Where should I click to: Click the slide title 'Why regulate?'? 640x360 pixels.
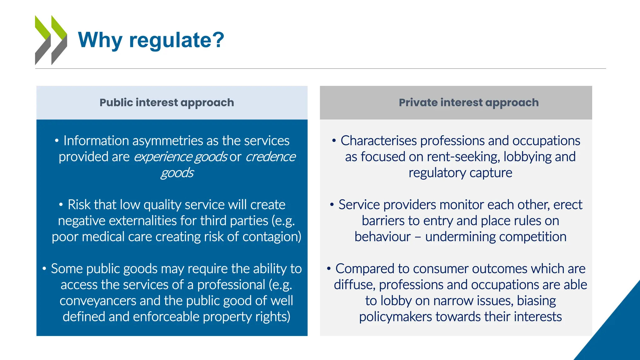pos(151,40)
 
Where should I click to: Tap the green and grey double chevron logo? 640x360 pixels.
pos(51,40)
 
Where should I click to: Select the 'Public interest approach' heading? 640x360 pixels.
pos(167,102)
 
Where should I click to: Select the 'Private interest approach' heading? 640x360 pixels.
pos(469,102)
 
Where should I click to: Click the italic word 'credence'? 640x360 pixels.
pos(270,157)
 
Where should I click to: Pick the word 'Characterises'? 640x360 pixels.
pos(378,141)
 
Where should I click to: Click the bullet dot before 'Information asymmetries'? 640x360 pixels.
pos(57,141)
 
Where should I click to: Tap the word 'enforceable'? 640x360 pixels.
pos(166,317)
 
